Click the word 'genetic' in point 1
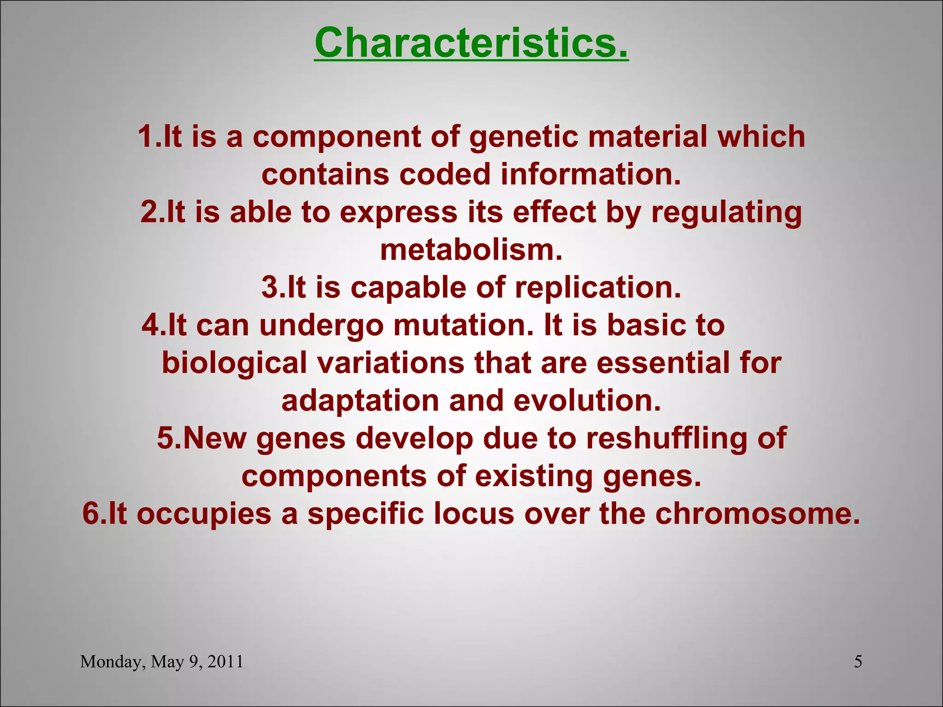tap(523, 137)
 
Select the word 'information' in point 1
tap(590, 174)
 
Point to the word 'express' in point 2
tap(398, 213)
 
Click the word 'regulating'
tap(726, 213)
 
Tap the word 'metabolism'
tap(471, 250)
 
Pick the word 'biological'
tap(234, 363)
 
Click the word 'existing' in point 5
tap(534, 476)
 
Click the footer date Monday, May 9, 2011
tap(162, 662)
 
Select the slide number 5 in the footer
tap(858, 662)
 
